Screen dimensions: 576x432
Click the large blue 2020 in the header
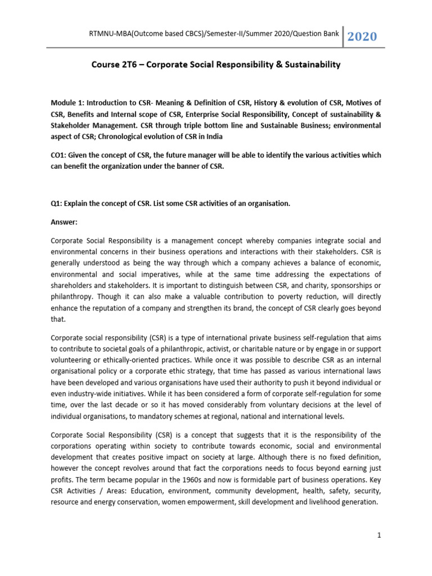point(362,37)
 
